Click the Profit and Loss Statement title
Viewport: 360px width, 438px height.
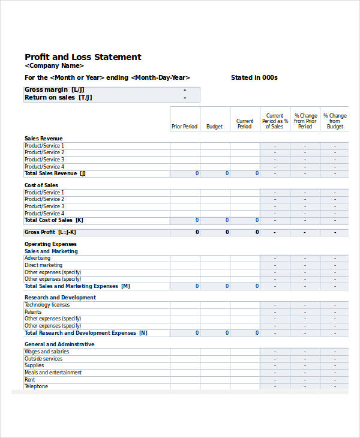[83, 57]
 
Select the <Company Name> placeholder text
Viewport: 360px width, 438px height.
[54, 66]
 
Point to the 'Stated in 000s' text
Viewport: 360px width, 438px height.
[254, 77]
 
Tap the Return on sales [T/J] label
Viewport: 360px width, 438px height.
[58, 97]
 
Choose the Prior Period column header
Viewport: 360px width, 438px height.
[184, 127]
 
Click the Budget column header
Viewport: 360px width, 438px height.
[214, 127]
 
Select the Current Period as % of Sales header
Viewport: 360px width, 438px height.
[275, 121]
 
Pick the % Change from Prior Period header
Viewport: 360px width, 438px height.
[305, 121]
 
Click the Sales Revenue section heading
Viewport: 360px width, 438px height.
[43, 138]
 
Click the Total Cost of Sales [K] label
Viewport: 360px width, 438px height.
[54, 220]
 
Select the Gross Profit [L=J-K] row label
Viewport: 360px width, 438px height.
[50, 232]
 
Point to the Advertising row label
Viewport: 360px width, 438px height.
[37, 258]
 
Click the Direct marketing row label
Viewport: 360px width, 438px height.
[43, 265]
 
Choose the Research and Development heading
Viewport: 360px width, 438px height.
[60, 298]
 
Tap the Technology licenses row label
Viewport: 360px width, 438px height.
[47, 305]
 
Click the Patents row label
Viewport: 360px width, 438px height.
[33, 312]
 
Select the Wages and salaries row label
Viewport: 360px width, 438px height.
[46, 352]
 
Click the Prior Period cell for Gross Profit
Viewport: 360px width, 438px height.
[185, 232]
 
